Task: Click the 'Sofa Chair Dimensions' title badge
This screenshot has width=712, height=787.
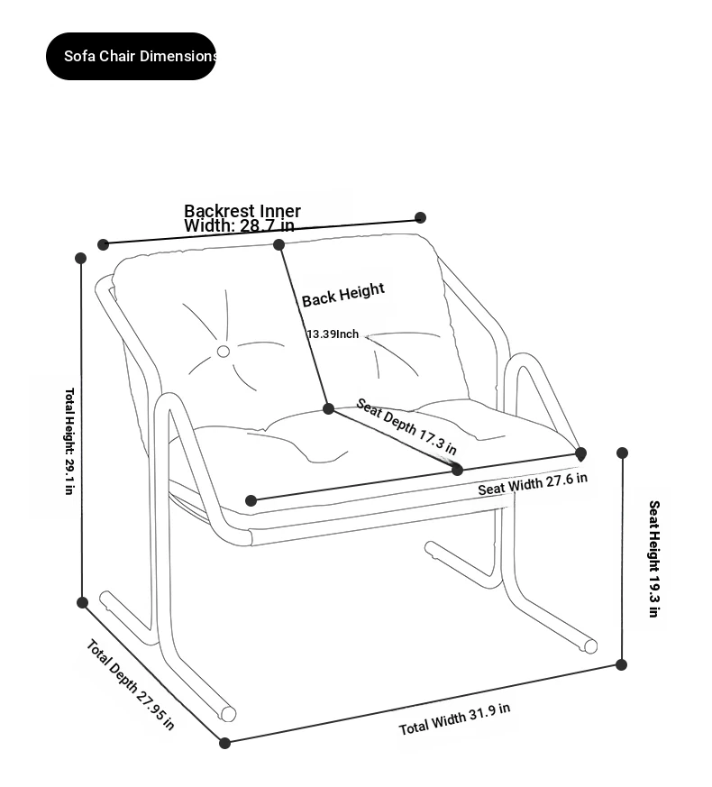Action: click(132, 56)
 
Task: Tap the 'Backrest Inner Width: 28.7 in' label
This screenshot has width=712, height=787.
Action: click(241, 218)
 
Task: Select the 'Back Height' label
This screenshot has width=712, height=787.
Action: click(342, 294)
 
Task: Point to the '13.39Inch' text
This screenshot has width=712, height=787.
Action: click(333, 334)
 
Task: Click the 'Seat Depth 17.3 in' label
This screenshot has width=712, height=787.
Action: click(406, 426)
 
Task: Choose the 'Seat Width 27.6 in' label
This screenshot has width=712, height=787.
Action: click(532, 483)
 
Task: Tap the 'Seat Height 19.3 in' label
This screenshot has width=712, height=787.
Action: click(653, 558)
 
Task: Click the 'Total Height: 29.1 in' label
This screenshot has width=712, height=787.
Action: click(69, 441)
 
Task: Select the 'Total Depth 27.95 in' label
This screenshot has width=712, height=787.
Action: click(130, 684)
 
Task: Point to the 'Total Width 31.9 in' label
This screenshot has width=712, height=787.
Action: click(454, 718)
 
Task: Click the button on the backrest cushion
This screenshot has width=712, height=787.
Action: click(224, 352)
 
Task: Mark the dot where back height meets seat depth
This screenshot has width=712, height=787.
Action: click(329, 408)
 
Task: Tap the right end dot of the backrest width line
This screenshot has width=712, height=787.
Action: click(420, 217)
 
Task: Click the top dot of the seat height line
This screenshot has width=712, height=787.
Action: click(622, 453)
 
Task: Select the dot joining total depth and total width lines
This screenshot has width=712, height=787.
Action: click(225, 743)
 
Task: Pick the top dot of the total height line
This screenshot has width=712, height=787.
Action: click(81, 258)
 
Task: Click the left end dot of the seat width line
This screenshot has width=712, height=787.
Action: click(251, 500)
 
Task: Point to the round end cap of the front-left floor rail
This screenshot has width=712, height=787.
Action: click(229, 714)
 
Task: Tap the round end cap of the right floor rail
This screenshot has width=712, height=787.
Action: click(590, 645)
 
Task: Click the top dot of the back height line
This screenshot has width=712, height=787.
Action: click(279, 244)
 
